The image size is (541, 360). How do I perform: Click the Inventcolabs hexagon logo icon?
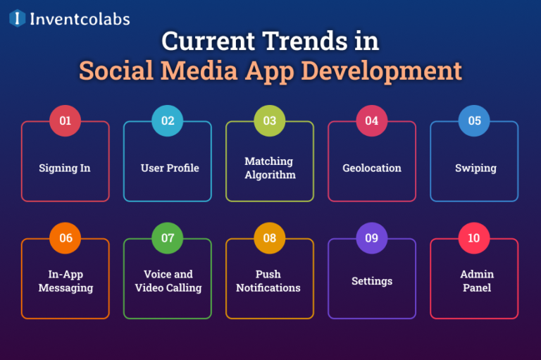pos(17,18)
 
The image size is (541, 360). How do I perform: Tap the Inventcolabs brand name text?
pos(79,19)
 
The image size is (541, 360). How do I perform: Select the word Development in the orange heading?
pos(390,71)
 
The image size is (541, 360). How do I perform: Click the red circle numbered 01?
pos(66,120)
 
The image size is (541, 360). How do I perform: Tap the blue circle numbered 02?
pos(168,120)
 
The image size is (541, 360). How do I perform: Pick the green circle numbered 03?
pos(270,120)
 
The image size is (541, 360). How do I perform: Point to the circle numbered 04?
pos(372,120)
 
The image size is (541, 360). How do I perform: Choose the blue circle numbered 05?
pos(474,120)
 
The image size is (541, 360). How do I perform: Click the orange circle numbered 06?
pos(66,238)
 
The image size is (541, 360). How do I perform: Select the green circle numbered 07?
pos(168,238)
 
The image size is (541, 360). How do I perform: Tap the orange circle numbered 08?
pos(270,238)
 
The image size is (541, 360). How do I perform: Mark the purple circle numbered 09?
pos(372,238)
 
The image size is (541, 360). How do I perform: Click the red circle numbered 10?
pos(474,238)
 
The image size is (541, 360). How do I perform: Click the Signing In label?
pos(65,168)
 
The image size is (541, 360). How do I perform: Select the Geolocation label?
pos(372,168)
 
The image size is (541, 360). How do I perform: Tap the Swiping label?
pos(475,168)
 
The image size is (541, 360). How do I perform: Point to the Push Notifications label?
pos(268,280)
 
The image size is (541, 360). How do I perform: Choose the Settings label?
pos(372,281)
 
